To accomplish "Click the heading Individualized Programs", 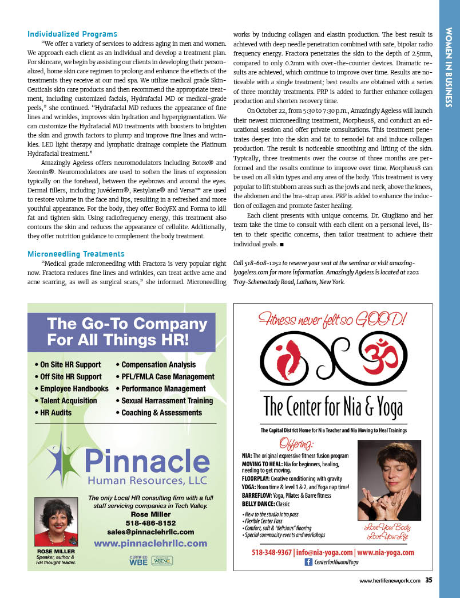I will point(72,34).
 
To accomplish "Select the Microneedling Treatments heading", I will point(76,254).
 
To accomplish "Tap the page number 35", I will point(429,580).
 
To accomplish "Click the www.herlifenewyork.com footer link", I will point(390,581).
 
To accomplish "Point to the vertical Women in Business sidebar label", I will point(449,67).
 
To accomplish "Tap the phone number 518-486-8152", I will point(151,523).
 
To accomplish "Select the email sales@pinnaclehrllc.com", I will point(151,532).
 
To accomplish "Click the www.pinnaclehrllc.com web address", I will point(151,542).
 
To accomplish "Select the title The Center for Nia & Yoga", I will point(333,408).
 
